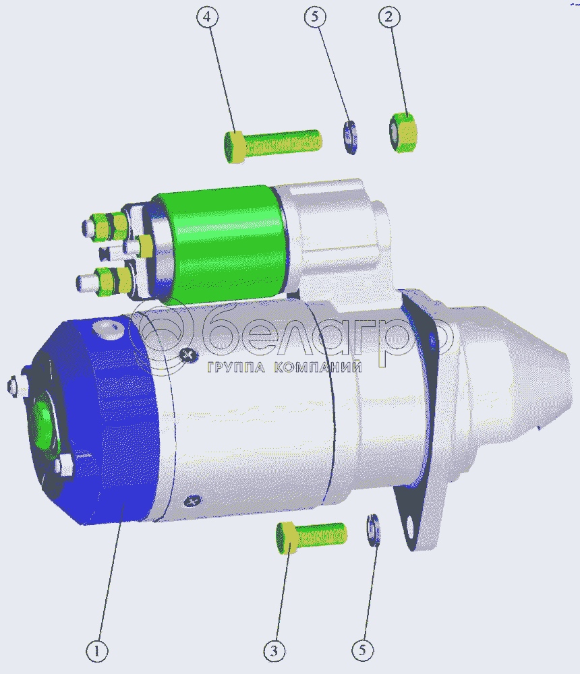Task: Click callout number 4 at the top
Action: [x=207, y=18]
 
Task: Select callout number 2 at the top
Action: [x=389, y=18]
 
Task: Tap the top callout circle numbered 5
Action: [x=315, y=17]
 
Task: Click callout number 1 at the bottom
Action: [x=97, y=651]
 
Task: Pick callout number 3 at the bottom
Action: [x=274, y=651]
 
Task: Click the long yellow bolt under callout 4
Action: [x=272, y=146]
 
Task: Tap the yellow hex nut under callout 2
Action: [x=403, y=132]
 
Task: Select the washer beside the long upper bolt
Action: [x=350, y=137]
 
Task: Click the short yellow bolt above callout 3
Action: [x=312, y=537]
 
